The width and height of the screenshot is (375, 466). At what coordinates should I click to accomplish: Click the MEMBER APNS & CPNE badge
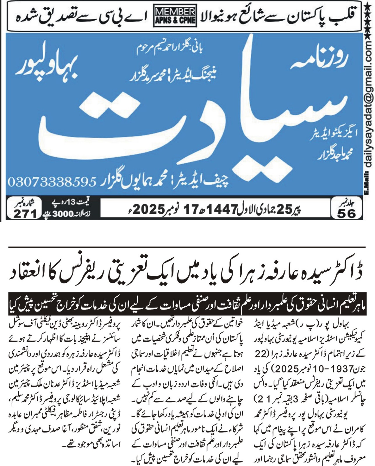(175, 17)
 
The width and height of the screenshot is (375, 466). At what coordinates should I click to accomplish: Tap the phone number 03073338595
(52, 182)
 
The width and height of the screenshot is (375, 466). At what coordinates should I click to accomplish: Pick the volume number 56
(346, 214)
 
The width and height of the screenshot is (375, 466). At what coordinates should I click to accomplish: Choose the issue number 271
(25, 214)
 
